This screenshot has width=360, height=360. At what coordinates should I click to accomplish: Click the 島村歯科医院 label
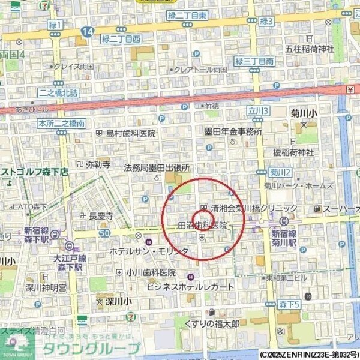[130, 133]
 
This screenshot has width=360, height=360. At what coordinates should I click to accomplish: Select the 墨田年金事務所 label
[233, 131]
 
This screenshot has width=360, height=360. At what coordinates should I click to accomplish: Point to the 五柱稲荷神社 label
[309, 48]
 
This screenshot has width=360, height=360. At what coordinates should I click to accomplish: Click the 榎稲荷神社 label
[293, 152]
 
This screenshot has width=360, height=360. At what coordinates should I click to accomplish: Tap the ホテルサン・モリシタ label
[149, 251]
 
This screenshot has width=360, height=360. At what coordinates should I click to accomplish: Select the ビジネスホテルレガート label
[190, 287]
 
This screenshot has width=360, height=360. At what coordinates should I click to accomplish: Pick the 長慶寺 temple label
[101, 215]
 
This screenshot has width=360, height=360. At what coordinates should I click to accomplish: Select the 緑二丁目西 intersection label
[121, 38]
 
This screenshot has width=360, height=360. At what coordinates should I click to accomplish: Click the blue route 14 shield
[88, 31]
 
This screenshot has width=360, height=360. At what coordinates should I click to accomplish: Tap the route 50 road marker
[104, 232]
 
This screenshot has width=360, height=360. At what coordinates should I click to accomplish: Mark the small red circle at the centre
[200, 219]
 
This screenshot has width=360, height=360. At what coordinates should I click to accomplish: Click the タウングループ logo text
[97, 349]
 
